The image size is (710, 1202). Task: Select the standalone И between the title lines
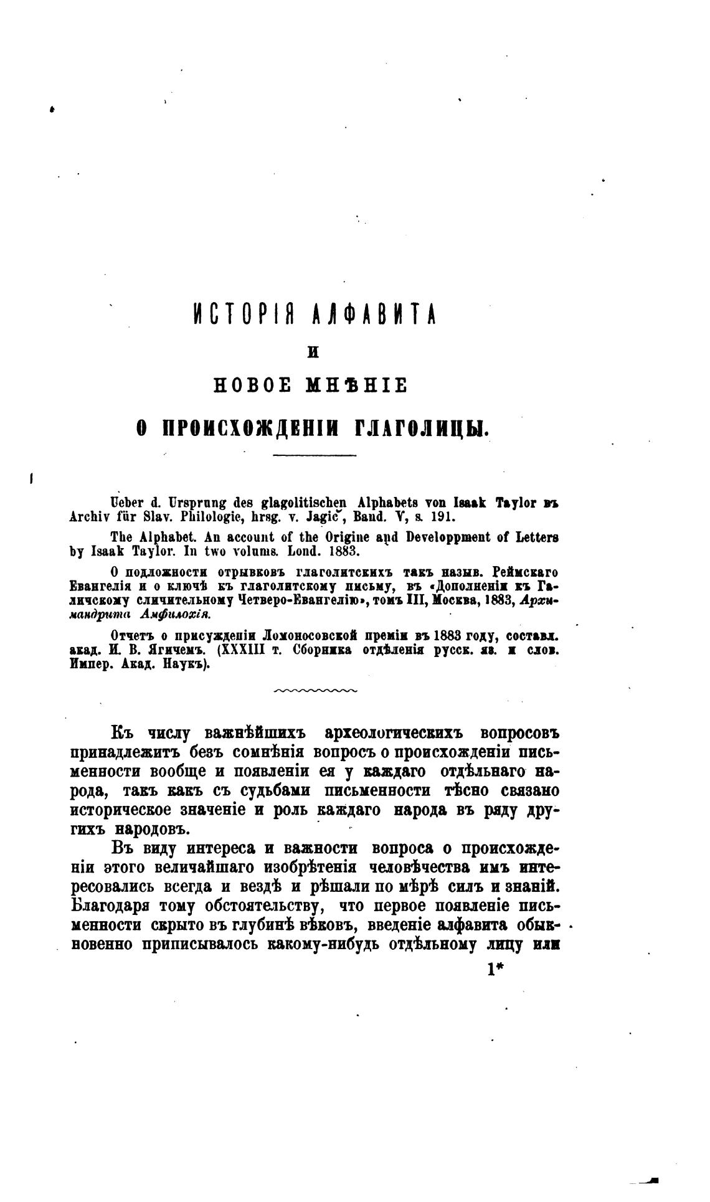point(313,353)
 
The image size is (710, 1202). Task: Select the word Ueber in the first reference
point(124,503)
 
